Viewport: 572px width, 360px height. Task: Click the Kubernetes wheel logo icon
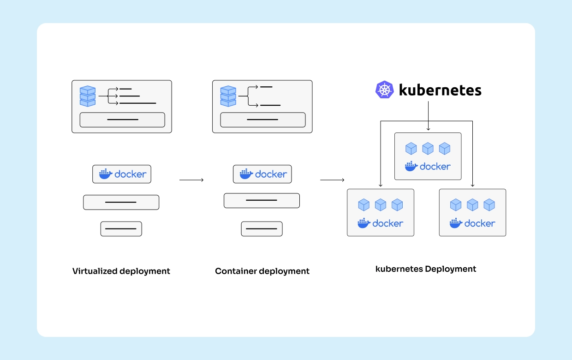coord(384,90)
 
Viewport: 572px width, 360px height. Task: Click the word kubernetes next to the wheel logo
coord(440,90)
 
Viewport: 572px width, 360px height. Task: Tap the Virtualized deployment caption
coord(121,271)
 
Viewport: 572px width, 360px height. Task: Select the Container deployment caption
coord(262,271)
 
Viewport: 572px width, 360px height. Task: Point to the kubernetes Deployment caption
coord(426,269)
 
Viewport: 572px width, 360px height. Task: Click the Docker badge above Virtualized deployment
coord(122,174)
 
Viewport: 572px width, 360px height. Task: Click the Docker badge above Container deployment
coord(262,174)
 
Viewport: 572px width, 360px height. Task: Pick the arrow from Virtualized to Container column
coord(191,180)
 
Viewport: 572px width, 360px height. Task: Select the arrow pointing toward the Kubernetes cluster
coord(332,180)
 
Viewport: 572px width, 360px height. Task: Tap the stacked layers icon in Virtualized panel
coord(87,96)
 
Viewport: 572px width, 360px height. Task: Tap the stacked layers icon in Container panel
coord(228,96)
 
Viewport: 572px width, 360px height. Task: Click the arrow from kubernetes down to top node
coord(428,115)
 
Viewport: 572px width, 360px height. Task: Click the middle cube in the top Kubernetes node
coord(428,149)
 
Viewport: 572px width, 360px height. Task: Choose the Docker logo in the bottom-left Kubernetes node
coord(381,223)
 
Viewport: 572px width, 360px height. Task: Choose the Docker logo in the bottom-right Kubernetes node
coord(473,223)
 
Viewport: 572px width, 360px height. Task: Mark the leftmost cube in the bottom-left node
coord(364,204)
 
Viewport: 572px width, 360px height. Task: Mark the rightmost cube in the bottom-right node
coord(489,204)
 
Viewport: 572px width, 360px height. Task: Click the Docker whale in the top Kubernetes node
coord(411,166)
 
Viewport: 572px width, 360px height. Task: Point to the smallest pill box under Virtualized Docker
coord(121,229)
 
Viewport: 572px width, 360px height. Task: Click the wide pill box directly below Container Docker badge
coord(262,200)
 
